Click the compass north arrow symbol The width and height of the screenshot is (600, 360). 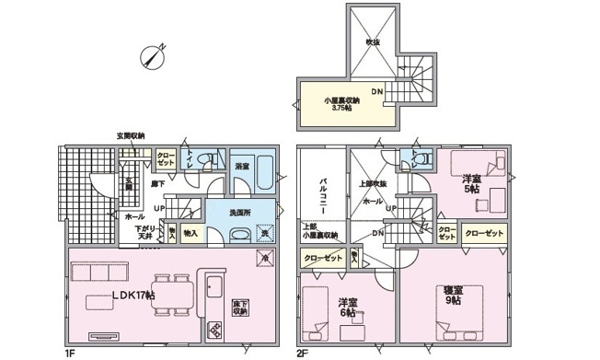pos(153,55)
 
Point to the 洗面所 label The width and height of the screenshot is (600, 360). pos(241,212)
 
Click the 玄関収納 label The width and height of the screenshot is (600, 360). pos(130,135)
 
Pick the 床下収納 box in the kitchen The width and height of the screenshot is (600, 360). pos(240,308)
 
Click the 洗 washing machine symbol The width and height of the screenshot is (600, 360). pos(264,234)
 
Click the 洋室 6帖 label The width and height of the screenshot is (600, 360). pos(348,307)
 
